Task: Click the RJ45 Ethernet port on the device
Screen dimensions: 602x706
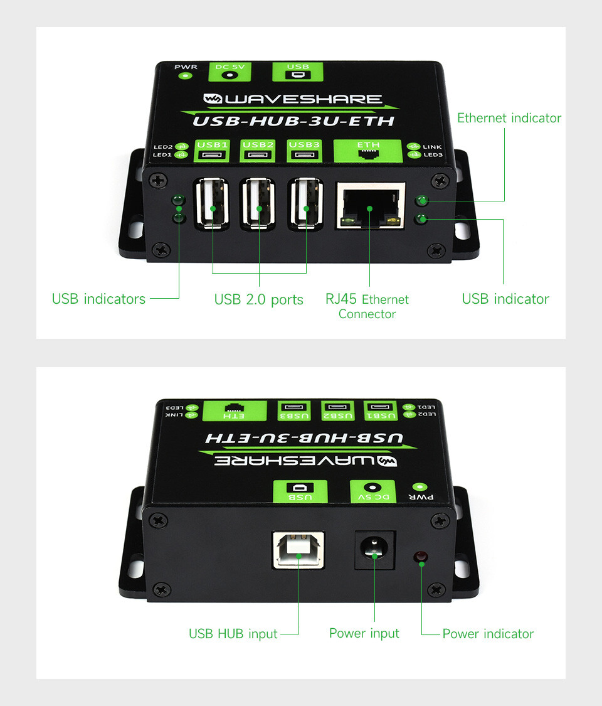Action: point(371,205)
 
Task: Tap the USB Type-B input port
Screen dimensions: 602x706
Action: point(298,550)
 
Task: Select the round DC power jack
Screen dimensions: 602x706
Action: point(374,549)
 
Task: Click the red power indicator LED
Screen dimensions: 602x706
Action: point(421,557)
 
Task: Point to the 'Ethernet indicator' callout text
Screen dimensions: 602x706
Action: point(509,118)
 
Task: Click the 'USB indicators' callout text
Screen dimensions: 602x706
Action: point(98,299)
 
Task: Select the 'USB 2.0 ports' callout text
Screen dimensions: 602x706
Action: point(259,300)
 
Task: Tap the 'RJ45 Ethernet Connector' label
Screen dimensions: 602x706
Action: point(367,307)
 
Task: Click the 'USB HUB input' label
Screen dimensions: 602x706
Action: point(233,634)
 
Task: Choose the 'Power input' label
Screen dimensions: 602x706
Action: point(364,633)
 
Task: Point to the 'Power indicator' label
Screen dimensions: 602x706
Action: point(488,634)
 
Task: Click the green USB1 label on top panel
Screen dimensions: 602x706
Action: point(212,151)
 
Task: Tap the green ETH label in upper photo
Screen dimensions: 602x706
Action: point(367,151)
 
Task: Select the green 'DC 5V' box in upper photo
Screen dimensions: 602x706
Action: point(230,72)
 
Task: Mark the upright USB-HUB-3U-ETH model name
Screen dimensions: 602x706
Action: point(293,121)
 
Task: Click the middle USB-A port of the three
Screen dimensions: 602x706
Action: point(258,204)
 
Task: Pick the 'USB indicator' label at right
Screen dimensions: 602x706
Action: point(505,299)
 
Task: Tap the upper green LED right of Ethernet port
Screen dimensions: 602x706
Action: point(421,200)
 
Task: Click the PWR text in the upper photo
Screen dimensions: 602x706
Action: point(186,67)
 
